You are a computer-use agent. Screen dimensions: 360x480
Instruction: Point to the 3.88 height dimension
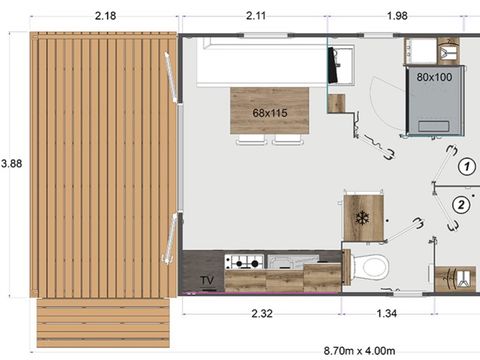[x=11, y=162]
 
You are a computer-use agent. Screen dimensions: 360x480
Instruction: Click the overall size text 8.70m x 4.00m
[x=365, y=350]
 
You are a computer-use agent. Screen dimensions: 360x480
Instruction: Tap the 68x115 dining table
[x=269, y=112]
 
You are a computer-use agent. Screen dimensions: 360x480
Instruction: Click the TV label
[x=208, y=280]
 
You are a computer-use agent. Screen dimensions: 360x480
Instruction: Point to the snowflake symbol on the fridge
[x=362, y=217]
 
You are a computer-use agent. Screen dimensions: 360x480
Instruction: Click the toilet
[x=373, y=267]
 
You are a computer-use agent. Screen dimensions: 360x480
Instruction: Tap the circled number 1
[x=465, y=167]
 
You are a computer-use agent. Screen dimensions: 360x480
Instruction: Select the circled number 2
[x=461, y=205]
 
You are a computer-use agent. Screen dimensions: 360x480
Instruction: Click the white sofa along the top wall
[x=263, y=62]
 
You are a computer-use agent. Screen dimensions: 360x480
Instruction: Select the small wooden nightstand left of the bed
[x=336, y=103]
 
